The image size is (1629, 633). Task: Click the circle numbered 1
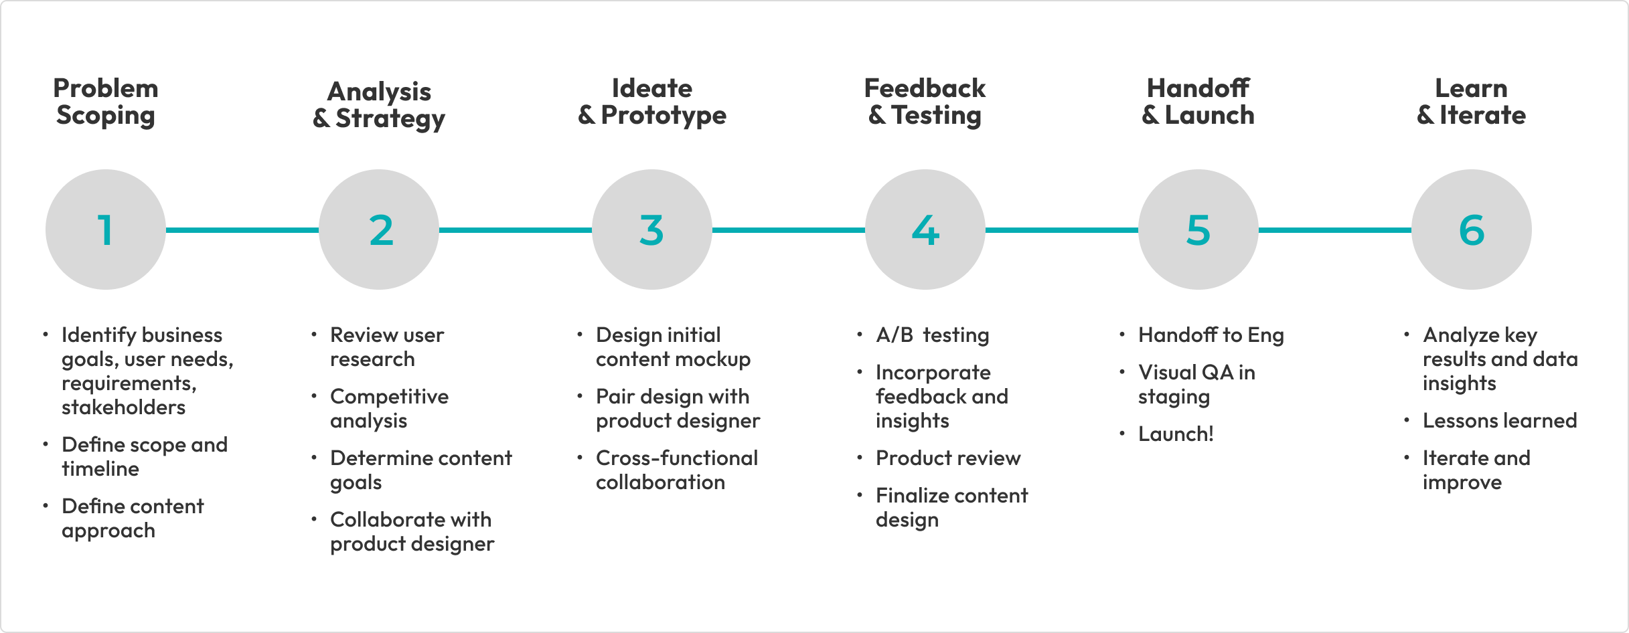pyautogui.click(x=106, y=230)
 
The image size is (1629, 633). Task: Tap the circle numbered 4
pyautogui.click(x=925, y=230)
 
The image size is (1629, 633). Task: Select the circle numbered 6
pyautogui.click(x=1472, y=230)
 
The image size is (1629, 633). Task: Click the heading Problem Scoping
pyautogui.click(x=106, y=102)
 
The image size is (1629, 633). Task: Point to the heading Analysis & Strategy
pyautogui.click(x=379, y=105)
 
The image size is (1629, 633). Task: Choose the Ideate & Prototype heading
pyautogui.click(x=652, y=102)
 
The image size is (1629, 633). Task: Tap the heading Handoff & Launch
pyautogui.click(x=1198, y=102)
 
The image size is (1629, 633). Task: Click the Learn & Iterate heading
pyautogui.click(x=1472, y=102)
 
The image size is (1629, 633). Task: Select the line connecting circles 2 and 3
pyautogui.click(x=516, y=230)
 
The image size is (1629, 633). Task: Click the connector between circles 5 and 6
pyautogui.click(x=1335, y=230)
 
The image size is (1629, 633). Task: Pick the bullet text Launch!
pyautogui.click(x=1176, y=434)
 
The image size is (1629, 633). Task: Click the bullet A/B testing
pyautogui.click(x=932, y=335)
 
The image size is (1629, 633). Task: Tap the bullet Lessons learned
pyautogui.click(x=1500, y=421)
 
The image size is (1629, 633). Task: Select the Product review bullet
pyautogui.click(x=948, y=458)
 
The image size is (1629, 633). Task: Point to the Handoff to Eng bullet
pyautogui.click(x=1211, y=335)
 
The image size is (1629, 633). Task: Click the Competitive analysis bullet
pyautogui.click(x=389, y=409)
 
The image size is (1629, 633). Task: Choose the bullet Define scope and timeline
pyautogui.click(x=145, y=457)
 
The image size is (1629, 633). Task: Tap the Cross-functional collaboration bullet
pyautogui.click(x=677, y=470)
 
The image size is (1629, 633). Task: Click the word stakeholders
pyautogui.click(x=123, y=408)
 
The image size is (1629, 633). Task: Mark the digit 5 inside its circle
pyautogui.click(x=1198, y=230)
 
